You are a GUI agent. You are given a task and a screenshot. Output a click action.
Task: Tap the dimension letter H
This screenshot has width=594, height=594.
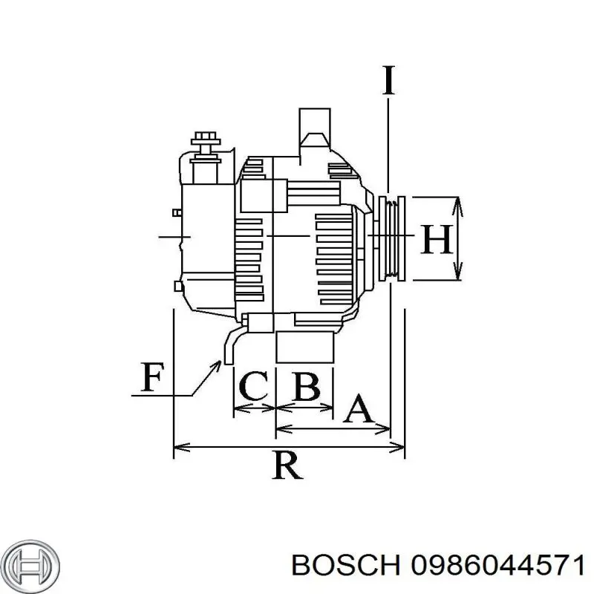click(x=437, y=239)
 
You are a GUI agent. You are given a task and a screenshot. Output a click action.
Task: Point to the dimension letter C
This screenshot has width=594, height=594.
click(x=252, y=386)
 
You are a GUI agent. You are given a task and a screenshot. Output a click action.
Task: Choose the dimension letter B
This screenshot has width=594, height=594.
click(x=306, y=386)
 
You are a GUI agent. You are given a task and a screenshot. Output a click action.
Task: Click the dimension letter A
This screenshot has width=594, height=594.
click(x=359, y=409)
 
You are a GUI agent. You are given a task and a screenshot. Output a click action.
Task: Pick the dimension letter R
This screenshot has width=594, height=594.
click(x=287, y=466)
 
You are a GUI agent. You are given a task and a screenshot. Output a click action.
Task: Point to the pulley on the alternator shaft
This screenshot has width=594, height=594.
click(x=391, y=238)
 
